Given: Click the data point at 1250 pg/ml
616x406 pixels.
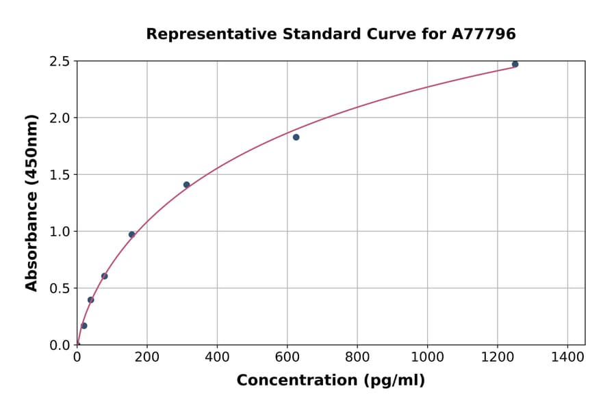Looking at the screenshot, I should point(515,64).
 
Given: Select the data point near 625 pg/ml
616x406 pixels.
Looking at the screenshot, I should point(296,137).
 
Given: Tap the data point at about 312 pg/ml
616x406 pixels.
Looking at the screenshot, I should point(186,185).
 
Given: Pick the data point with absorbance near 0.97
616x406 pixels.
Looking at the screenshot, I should point(131,234).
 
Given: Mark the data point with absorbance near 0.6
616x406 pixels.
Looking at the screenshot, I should point(104,276).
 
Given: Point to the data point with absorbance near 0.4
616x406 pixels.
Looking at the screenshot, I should point(90,300).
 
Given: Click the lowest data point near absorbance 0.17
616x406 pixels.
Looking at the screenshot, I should point(84,325).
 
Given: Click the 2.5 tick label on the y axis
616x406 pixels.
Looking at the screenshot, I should point(60,62).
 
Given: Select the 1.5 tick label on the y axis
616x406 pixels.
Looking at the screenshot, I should point(60,175).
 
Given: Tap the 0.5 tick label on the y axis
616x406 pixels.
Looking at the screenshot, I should point(60,288).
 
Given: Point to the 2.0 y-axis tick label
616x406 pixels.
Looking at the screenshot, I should point(60,118).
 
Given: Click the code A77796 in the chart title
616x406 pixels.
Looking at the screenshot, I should point(485,33).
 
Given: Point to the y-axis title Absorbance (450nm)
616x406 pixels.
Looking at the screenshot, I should point(31,202).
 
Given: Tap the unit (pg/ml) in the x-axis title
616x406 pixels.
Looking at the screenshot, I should point(395,381).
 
